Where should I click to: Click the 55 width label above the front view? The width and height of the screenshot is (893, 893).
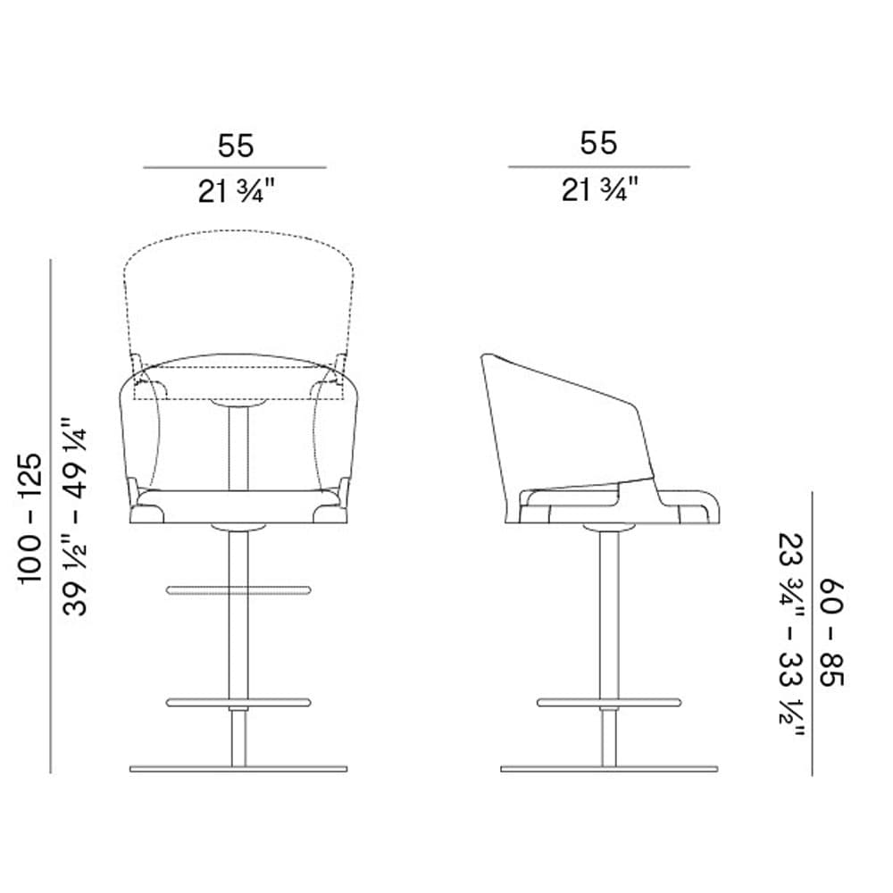(236, 146)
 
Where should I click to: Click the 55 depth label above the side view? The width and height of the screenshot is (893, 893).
(598, 143)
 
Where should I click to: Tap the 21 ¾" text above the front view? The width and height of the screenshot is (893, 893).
(237, 191)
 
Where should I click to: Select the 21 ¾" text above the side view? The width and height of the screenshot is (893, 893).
(600, 189)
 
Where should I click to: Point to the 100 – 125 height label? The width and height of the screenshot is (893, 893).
(30, 518)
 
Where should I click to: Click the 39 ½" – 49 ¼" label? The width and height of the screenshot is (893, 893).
(75, 516)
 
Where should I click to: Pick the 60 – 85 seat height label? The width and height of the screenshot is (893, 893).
(832, 633)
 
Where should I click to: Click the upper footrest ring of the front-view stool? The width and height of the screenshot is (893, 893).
(238, 590)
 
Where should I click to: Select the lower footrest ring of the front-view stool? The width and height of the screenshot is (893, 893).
(238, 702)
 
